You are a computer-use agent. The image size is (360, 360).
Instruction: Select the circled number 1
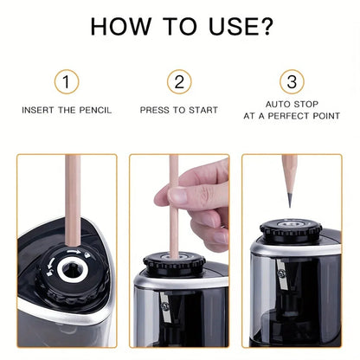click(x=67, y=82)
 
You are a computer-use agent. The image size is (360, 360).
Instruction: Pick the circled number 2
click(x=179, y=82)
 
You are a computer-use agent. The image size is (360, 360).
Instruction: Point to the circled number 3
click(x=292, y=82)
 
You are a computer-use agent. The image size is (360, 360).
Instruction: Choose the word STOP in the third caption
click(x=306, y=105)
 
